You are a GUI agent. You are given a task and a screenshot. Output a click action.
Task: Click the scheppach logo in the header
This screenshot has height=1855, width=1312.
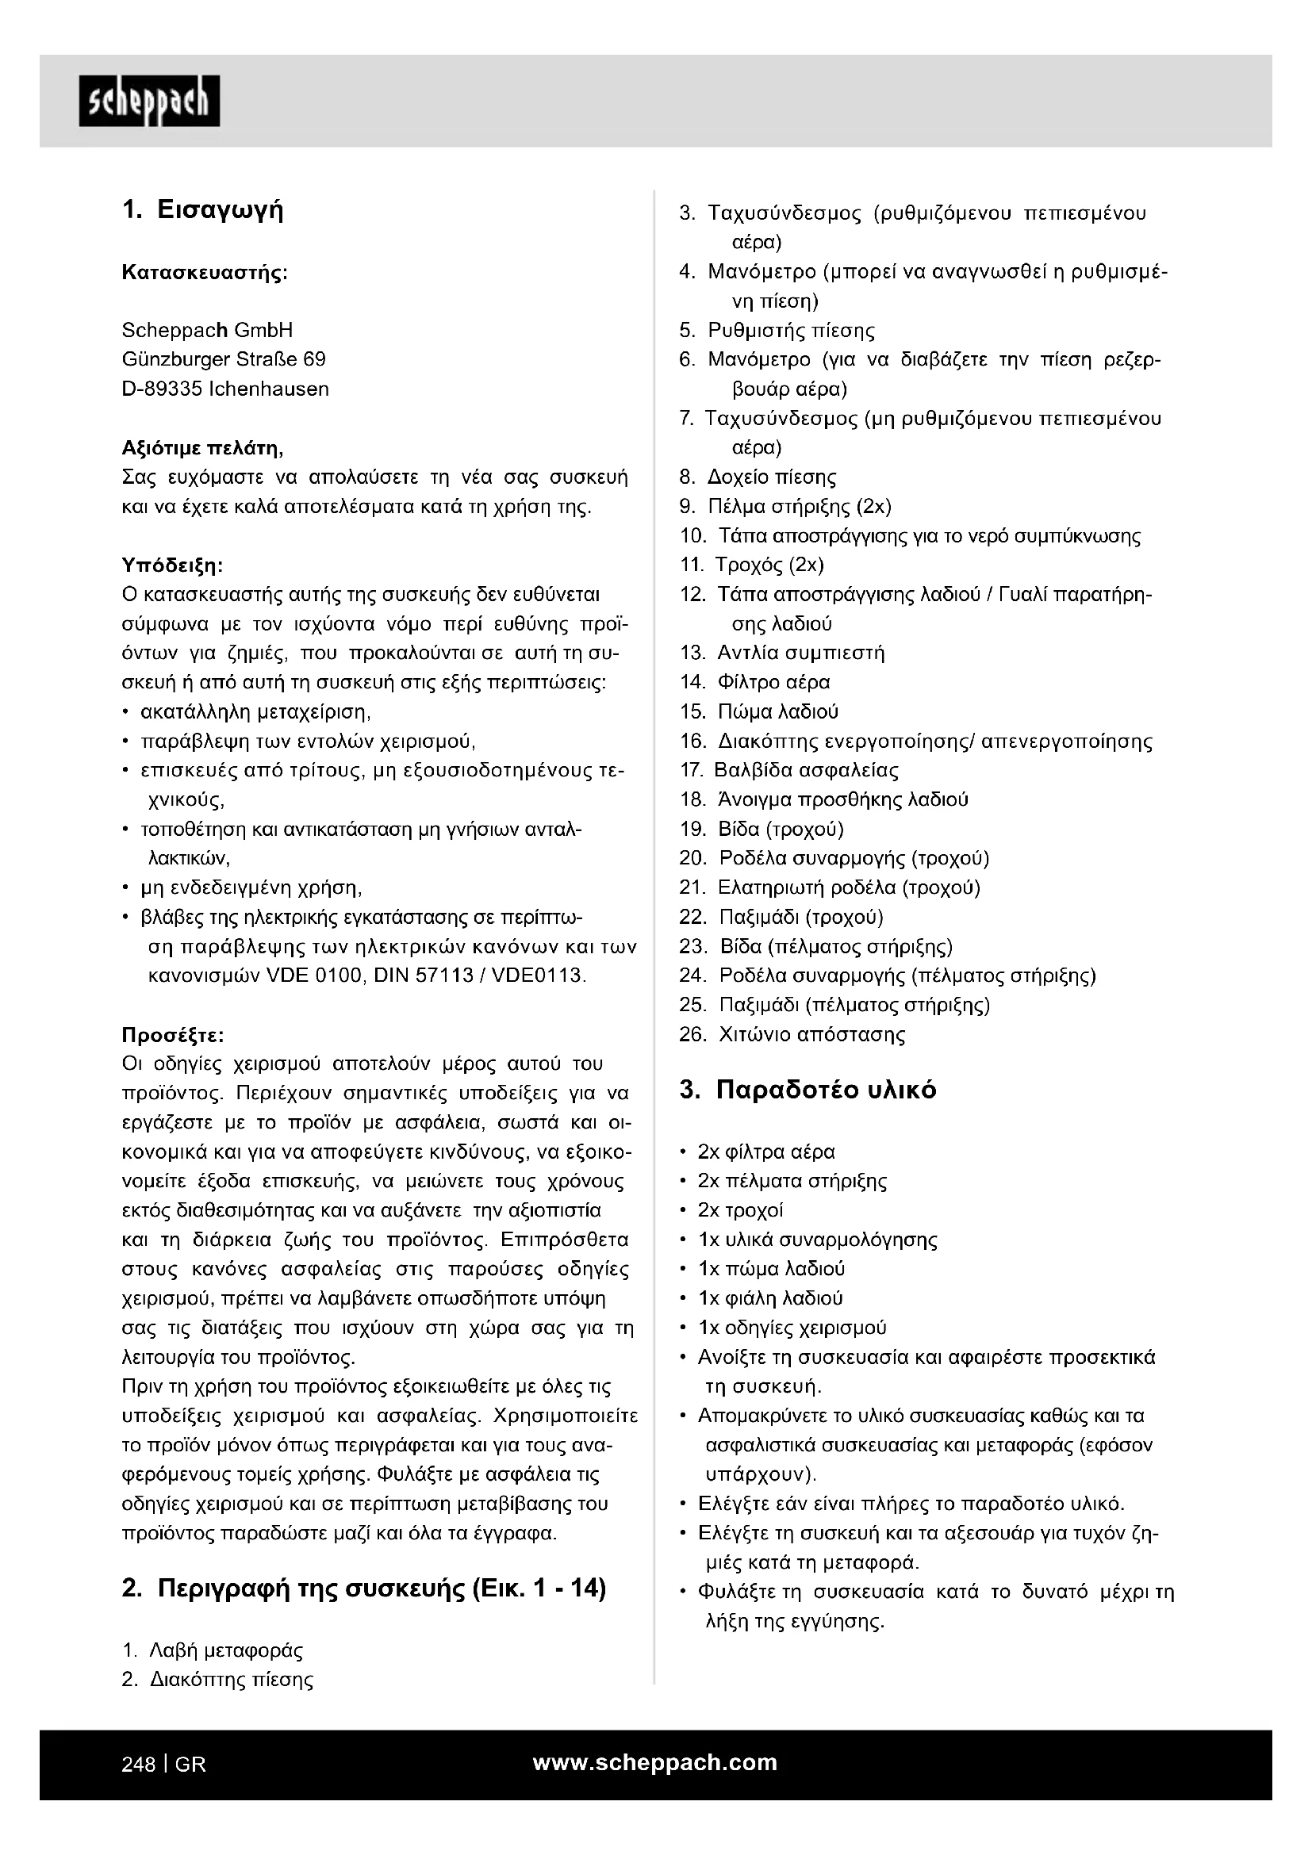click(x=149, y=101)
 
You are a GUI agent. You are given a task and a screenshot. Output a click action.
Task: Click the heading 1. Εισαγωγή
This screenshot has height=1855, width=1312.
click(x=203, y=211)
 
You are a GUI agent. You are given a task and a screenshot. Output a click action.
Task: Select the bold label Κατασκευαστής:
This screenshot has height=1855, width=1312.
click(x=205, y=272)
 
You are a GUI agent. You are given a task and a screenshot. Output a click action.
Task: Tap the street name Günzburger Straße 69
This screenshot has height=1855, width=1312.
click(x=224, y=359)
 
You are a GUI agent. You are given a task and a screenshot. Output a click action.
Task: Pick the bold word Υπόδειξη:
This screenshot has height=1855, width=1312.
click(x=172, y=564)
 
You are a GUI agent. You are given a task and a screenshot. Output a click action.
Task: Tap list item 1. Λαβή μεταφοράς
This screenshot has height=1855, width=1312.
click(x=213, y=1650)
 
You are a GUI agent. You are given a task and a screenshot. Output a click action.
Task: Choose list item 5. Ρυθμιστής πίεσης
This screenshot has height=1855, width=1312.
click(x=777, y=331)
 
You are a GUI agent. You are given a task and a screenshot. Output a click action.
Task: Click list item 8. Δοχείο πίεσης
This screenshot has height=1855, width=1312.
click(x=758, y=477)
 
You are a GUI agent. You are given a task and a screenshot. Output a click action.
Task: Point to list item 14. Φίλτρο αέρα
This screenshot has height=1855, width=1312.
click(x=754, y=683)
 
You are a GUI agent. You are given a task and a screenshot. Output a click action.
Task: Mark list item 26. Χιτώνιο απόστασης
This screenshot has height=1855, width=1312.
click(x=792, y=1035)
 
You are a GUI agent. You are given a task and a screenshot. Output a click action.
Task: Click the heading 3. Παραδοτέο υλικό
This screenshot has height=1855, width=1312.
click(x=808, y=1090)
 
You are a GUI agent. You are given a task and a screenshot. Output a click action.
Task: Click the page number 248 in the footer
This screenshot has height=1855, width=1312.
click(x=138, y=1765)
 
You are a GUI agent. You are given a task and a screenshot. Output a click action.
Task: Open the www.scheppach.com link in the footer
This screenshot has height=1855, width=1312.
click(x=655, y=1763)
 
